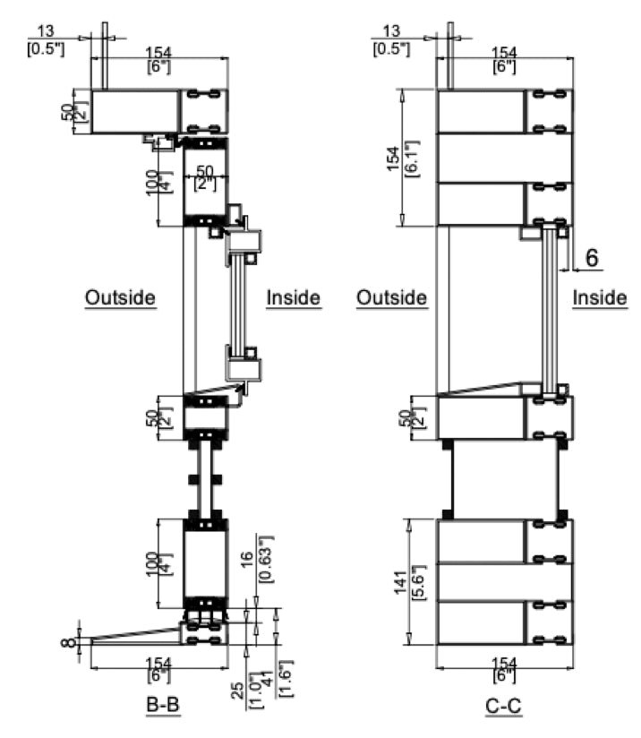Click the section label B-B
(163, 706)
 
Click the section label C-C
(504, 707)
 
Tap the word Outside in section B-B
(121, 297)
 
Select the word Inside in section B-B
(294, 297)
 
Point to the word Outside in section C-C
(391, 297)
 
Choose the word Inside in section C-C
(600, 297)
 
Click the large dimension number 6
(592, 257)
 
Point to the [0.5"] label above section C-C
(395, 47)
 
